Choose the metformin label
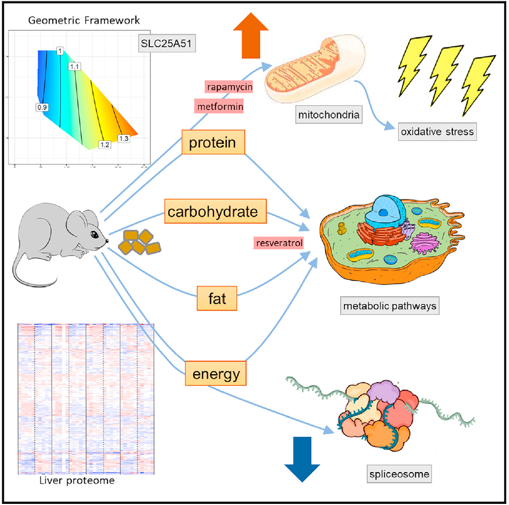tap(219, 105)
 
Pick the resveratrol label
tap(278, 243)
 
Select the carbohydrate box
tap(215, 212)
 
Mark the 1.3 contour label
tap(124, 138)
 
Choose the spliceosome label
tap(399, 475)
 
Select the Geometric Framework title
tap(84, 21)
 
